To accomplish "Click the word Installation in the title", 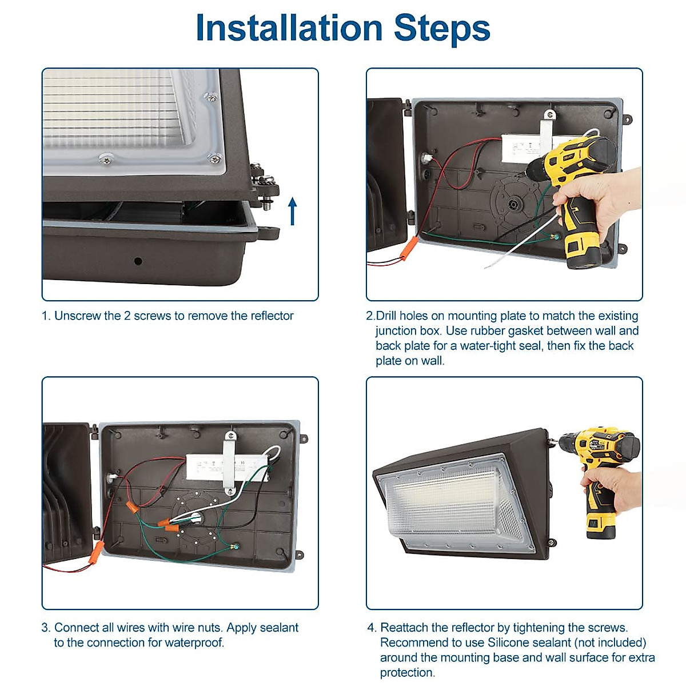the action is click(289, 28).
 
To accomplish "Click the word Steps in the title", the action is click(442, 30).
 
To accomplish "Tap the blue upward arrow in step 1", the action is click(292, 212).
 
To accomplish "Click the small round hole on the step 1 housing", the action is click(138, 261).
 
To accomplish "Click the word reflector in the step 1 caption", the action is click(272, 316).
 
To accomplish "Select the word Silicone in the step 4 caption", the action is click(509, 642).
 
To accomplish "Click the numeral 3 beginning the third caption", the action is click(45, 627).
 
